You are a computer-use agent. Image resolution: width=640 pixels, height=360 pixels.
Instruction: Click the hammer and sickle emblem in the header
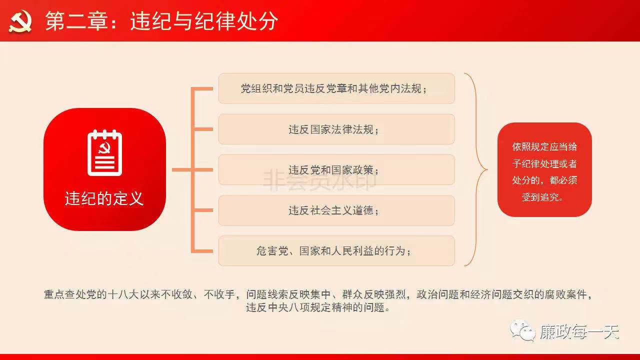click(x=20, y=21)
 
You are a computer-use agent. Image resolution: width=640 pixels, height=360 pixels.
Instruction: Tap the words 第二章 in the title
click(x=76, y=21)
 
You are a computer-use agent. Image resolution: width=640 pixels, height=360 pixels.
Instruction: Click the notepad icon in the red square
click(x=104, y=153)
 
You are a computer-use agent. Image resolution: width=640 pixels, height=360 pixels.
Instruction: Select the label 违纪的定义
click(x=104, y=198)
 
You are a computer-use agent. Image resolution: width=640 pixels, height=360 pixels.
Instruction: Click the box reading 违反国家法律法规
click(x=336, y=129)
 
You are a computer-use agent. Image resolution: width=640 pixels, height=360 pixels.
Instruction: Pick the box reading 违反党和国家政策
click(x=336, y=169)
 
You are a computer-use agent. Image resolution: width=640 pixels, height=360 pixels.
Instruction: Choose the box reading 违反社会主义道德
click(x=336, y=210)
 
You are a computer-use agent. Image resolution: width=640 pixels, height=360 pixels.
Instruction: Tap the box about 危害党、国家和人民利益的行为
click(x=336, y=251)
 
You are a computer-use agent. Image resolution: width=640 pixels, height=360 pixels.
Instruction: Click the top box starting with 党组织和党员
click(x=336, y=88)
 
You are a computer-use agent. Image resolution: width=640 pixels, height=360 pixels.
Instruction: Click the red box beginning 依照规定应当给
click(x=544, y=169)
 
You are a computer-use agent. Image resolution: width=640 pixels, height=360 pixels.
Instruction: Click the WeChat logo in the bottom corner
click(x=522, y=331)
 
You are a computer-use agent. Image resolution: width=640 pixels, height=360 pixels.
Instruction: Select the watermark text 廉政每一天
click(x=579, y=331)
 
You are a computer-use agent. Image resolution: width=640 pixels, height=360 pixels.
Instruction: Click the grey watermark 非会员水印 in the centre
click(x=319, y=180)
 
